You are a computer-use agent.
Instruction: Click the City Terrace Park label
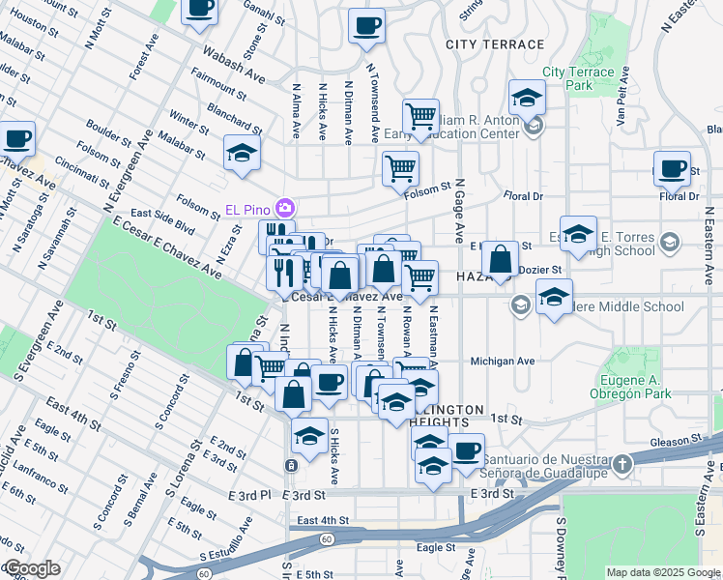click(x=578, y=78)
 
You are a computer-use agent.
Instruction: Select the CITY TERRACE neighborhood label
click(x=495, y=44)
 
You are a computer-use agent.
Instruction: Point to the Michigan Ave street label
click(x=503, y=361)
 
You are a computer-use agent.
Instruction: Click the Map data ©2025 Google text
click(x=662, y=572)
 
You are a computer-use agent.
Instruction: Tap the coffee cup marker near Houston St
click(x=200, y=9)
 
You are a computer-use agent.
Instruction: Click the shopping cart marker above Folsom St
click(x=400, y=168)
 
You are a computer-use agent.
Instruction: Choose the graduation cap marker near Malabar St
click(x=242, y=153)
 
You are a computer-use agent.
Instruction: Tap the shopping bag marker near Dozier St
click(x=500, y=258)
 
